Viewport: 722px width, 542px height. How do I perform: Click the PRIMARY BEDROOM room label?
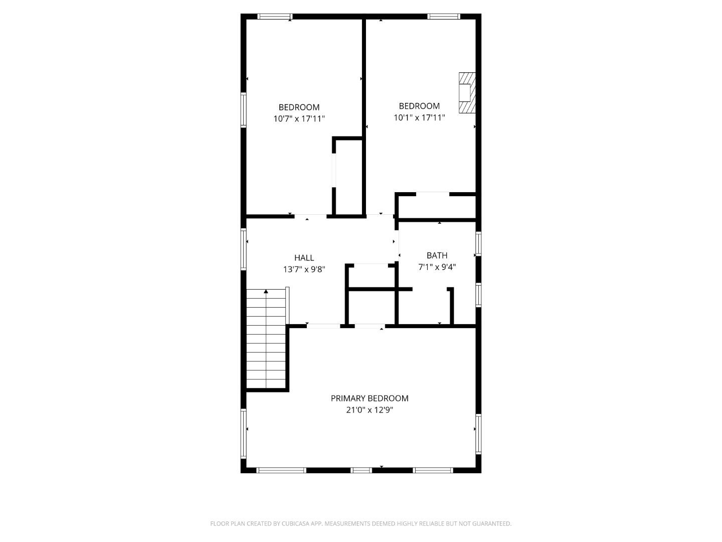point(370,398)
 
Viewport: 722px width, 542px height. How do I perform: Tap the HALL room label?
point(304,258)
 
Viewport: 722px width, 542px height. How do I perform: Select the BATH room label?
point(437,255)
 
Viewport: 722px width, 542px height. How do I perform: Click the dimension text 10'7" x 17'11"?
point(299,119)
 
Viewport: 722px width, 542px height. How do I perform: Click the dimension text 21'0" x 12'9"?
point(370,410)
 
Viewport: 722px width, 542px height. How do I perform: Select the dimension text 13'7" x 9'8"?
point(304,269)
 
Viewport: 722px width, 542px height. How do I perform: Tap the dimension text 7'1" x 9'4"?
point(437,267)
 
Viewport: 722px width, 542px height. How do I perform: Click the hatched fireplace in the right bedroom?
point(467,93)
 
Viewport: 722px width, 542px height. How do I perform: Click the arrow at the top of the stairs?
point(266,292)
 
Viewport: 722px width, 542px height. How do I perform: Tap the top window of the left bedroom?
point(274,17)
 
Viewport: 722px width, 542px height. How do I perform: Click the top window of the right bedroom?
point(444,17)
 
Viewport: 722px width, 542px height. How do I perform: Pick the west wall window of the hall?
point(244,250)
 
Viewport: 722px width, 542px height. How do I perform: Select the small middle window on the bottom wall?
point(361,470)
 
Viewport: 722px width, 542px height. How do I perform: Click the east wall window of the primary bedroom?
point(478,434)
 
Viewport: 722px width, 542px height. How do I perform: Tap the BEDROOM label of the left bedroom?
point(299,107)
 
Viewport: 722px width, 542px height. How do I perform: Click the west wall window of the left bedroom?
point(244,109)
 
